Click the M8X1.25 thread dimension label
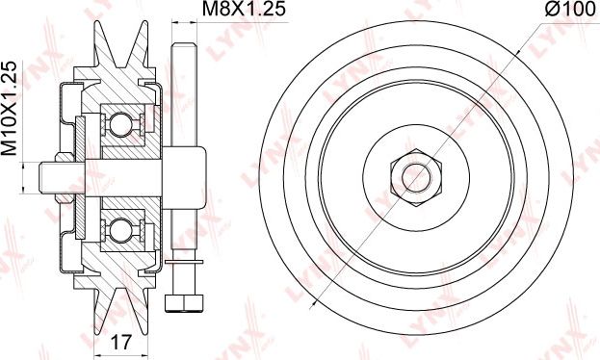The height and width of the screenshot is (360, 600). coord(244,9)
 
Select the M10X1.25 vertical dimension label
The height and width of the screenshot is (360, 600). coord(10,108)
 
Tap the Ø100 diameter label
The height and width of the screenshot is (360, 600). coord(570,9)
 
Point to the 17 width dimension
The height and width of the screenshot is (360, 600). coord(121,342)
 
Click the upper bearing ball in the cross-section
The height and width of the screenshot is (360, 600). coord(120,124)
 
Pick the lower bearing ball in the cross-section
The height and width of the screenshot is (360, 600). coord(120,230)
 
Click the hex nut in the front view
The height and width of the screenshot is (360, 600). coord(416,178)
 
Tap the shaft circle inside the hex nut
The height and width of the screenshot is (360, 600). coord(416,178)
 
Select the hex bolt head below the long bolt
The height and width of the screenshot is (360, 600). coord(184,303)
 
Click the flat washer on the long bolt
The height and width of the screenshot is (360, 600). coord(184,262)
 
